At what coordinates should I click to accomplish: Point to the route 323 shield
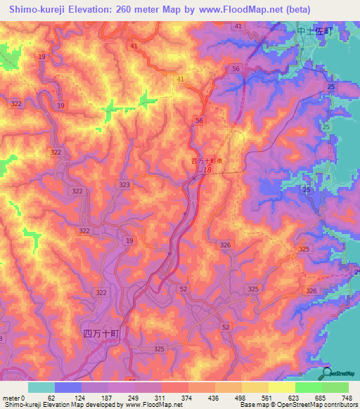pos(124,185)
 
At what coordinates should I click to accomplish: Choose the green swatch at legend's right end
pos(335,387)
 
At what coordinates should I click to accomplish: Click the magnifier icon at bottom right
pos(327,372)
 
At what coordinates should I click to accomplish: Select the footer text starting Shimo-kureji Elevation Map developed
pos(86,405)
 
